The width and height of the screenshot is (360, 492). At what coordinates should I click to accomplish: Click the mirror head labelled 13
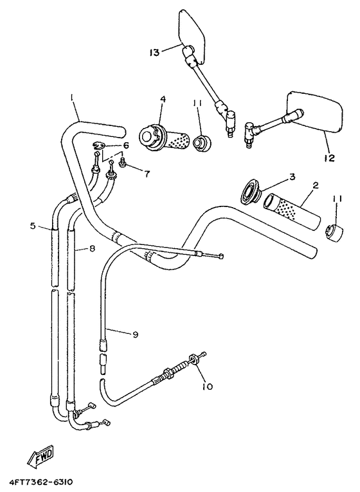tap(190, 32)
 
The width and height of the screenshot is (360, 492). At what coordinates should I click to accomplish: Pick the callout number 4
tap(163, 99)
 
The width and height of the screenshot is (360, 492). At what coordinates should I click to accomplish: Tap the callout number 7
tap(147, 174)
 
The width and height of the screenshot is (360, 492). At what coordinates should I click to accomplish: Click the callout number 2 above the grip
tap(315, 185)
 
